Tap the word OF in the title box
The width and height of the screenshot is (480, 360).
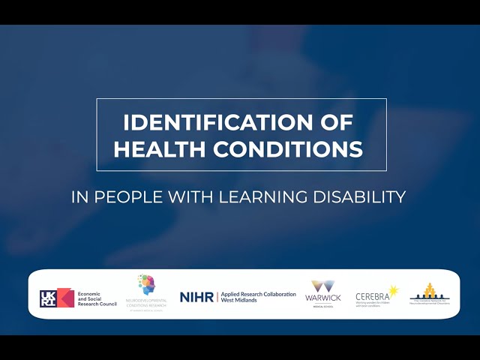coord(334,121)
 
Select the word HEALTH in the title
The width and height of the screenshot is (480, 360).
coord(158,148)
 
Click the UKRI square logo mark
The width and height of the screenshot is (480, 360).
coord(56,298)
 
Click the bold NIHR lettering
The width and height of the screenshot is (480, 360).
coord(196,297)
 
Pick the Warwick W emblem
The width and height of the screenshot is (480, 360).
coord(323,287)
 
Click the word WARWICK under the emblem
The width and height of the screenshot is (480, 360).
coord(323,298)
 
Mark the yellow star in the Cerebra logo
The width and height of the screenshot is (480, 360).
coord(392,290)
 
